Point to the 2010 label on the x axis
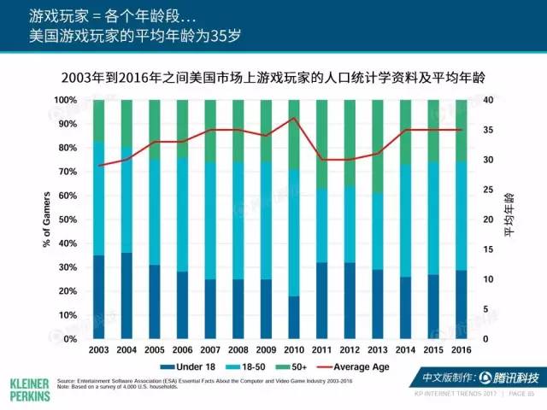(293, 351)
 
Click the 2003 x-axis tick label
(98, 351)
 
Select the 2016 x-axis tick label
(461, 351)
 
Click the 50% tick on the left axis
(65, 220)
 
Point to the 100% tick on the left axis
(63, 100)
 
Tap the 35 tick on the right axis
(488, 130)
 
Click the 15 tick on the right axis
(488, 249)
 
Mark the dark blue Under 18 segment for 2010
(293, 318)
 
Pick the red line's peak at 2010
(293, 118)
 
